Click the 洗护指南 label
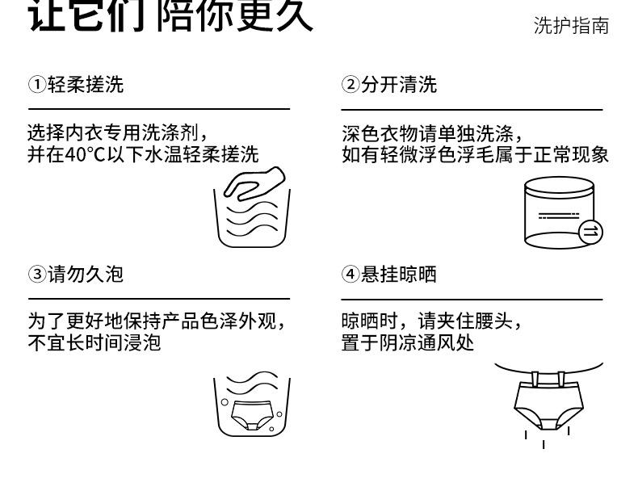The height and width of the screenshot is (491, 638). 571,26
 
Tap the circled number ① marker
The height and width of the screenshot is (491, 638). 36,85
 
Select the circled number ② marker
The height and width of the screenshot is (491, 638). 350,85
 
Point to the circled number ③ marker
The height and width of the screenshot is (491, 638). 36,275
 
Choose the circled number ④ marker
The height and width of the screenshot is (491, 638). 350,275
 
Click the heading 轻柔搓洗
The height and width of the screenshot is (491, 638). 86,85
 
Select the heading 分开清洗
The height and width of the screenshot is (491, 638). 399,85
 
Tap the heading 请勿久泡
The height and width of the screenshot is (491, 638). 86,275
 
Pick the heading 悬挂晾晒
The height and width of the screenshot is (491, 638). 399,275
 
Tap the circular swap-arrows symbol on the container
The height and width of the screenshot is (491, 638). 590,232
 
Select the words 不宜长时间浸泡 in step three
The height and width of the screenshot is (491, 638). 94,342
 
